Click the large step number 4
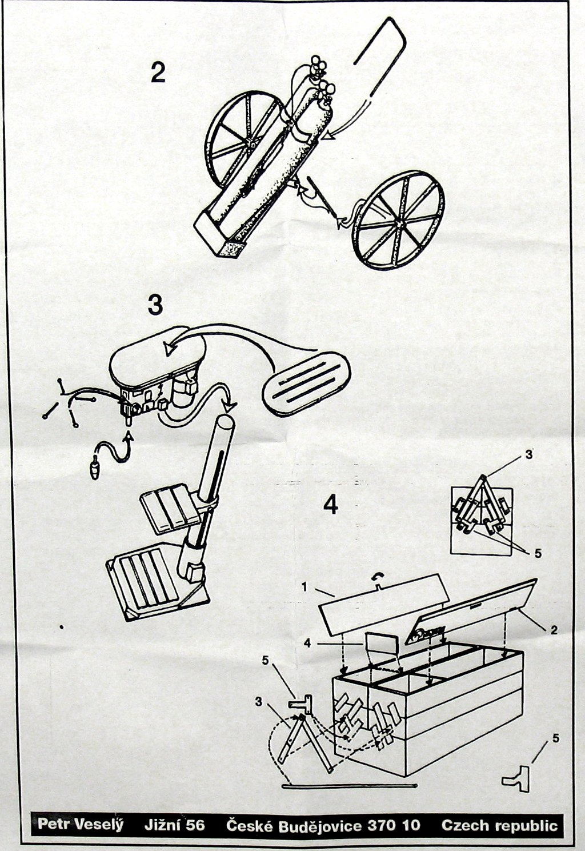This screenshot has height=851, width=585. click(x=330, y=504)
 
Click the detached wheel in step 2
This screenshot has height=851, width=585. click(x=398, y=221)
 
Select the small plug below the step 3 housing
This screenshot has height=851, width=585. click(x=95, y=470)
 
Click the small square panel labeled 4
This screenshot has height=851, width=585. click(x=381, y=644)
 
